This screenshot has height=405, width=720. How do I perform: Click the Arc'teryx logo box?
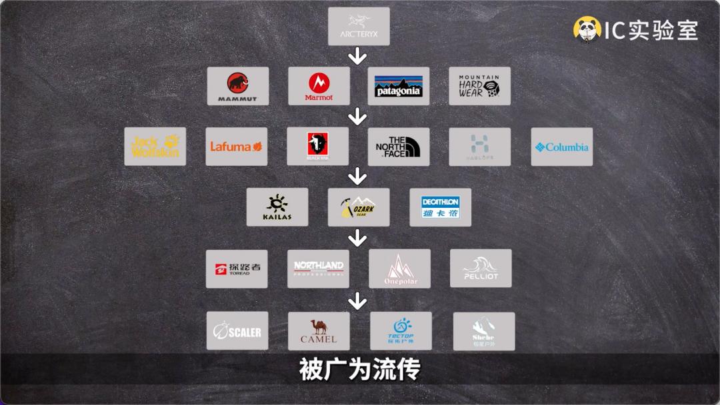[359, 27]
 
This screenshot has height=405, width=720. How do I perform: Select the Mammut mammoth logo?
[238, 86]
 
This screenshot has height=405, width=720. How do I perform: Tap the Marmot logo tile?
[319, 86]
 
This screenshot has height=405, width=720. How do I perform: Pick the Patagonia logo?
[399, 86]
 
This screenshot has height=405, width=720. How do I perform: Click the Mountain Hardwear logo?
[479, 86]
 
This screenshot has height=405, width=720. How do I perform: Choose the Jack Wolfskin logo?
[155, 147]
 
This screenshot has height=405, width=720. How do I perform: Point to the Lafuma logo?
[236, 147]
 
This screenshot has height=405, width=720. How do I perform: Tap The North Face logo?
[399, 147]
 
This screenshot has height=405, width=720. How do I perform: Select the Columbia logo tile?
[561, 147]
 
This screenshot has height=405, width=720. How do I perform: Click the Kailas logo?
[277, 207]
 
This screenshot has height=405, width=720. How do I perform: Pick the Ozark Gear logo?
[359, 207]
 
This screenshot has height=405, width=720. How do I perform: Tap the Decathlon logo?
[440, 207]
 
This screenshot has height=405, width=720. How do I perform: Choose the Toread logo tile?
[237, 268]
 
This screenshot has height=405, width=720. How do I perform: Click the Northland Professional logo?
[319, 268]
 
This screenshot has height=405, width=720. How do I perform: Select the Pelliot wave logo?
[481, 268]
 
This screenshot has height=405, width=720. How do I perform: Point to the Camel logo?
[319, 330]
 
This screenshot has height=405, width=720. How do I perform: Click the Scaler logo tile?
[237, 330]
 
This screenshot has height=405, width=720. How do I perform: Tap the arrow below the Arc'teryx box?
[359, 56]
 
